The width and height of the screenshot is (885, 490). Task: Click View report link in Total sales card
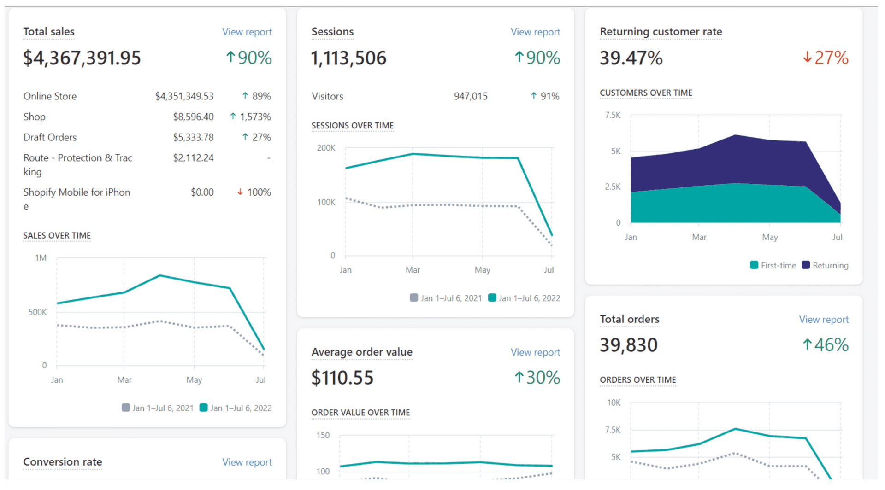[x=247, y=32]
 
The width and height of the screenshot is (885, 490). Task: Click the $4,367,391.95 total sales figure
[x=82, y=58]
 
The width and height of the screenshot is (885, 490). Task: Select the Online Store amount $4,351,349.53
[x=184, y=96]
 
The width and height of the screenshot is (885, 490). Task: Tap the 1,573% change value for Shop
[x=255, y=117]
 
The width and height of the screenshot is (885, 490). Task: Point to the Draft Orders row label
[x=50, y=137]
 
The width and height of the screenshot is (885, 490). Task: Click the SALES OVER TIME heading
[x=57, y=236]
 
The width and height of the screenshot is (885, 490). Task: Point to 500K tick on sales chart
[x=37, y=312]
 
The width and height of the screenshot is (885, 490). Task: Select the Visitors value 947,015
[x=470, y=96]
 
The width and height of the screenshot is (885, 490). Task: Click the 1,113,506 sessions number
[x=348, y=58]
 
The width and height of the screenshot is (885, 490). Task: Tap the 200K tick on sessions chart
[x=326, y=148]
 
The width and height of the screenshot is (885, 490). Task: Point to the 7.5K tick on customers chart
[x=613, y=115]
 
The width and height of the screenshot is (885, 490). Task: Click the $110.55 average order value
[x=342, y=378]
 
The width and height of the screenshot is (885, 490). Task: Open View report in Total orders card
[x=823, y=320]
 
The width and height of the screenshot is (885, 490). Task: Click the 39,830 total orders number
[x=628, y=345]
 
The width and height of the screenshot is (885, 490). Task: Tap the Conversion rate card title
[x=63, y=462]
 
